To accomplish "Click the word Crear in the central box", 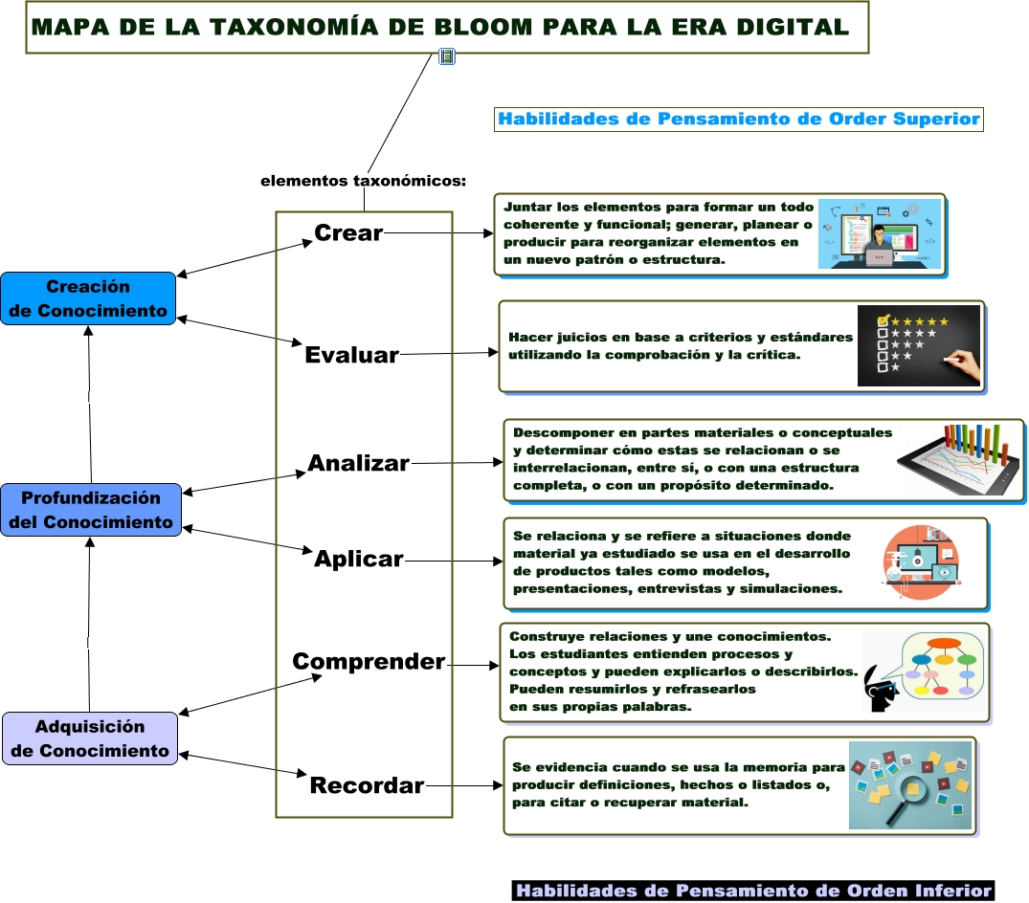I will click(x=348, y=232).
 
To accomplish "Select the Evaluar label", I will click(x=351, y=355).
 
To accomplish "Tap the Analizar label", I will click(x=358, y=464).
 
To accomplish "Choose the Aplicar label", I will click(x=359, y=560).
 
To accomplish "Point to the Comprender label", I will click(x=369, y=662).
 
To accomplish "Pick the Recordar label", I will click(x=367, y=786).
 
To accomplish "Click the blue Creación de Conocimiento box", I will click(x=88, y=298).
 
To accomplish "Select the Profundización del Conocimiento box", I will click(x=91, y=510).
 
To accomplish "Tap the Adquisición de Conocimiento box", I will click(x=90, y=738).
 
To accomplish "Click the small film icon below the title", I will click(x=446, y=56).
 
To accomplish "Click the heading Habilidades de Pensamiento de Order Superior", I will click(x=739, y=120).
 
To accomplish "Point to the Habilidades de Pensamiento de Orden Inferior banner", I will click(x=753, y=891).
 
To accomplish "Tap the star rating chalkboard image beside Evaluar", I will click(x=919, y=345).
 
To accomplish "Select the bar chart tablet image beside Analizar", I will click(x=957, y=460).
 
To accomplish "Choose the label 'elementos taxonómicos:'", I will click(x=363, y=181).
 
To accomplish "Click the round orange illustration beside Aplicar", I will click(x=920, y=562).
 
